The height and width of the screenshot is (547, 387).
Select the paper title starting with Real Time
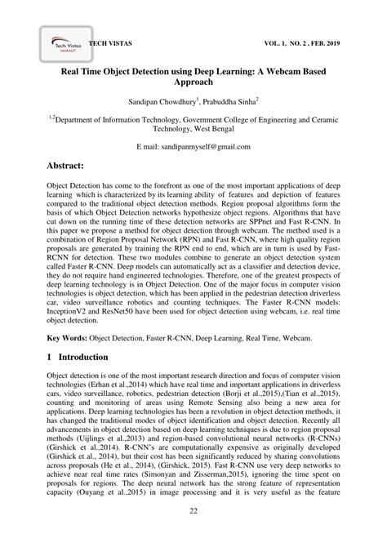point(193,78)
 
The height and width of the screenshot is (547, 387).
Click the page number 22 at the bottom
point(193,533)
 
